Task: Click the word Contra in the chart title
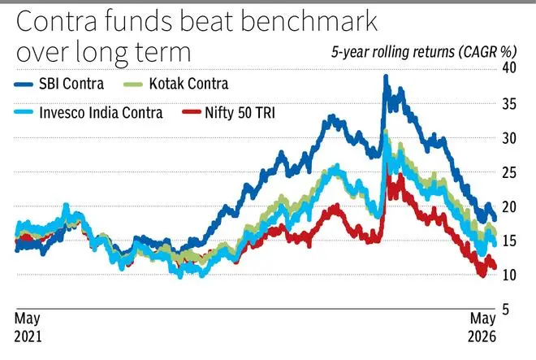point(57,21)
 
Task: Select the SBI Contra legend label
point(71,84)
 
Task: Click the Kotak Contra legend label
point(188,84)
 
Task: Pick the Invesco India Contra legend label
point(101,112)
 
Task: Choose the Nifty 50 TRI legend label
point(240,112)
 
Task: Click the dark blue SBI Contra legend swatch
point(24,85)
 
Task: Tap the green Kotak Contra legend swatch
point(133,85)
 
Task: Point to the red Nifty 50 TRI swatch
point(192,112)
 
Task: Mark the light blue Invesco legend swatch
point(24,112)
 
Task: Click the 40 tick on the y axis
point(509,67)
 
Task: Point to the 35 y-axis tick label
point(509,104)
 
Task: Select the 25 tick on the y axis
point(509,173)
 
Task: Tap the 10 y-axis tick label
point(509,275)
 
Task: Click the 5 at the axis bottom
point(506,310)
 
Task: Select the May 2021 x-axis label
point(28,327)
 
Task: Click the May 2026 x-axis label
point(482,327)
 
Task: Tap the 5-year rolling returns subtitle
point(424,52)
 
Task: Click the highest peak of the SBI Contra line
point(386,76)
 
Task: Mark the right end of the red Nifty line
point(495,267)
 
